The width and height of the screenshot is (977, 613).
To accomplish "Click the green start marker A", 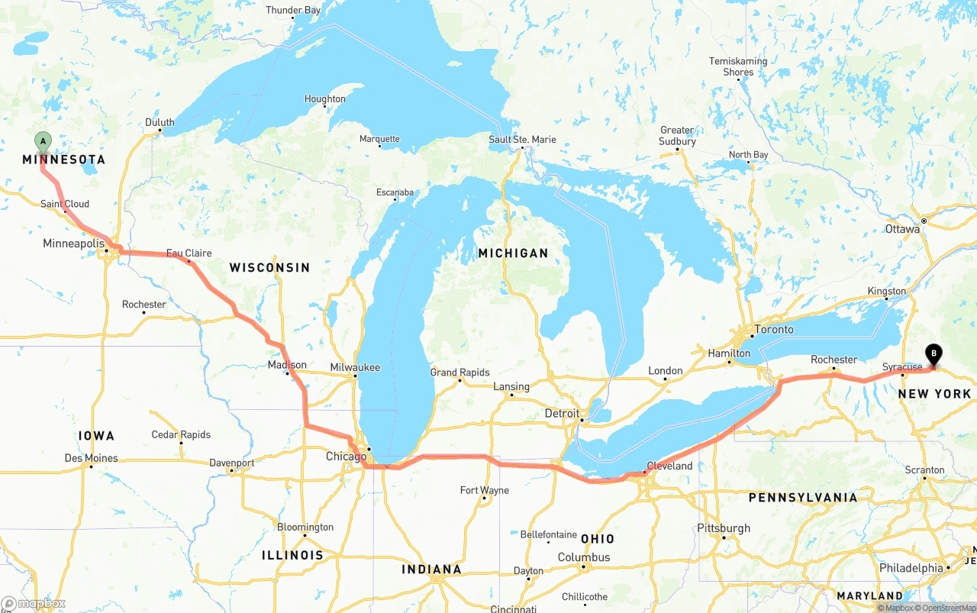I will (x=44, y=141).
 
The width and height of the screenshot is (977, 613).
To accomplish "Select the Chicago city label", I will (x=346, y=457).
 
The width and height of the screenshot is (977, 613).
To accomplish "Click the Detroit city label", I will (x=562, y=413).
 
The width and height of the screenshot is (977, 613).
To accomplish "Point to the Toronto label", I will (x=773, y=330).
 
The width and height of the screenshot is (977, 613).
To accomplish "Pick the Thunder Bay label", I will (x=293, y=10).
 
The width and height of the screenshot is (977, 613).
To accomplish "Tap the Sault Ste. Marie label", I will (x=523, y=140).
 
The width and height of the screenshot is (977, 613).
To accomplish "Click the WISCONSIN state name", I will (x=269, y=267).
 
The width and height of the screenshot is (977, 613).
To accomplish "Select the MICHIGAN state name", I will (x=513, y=253).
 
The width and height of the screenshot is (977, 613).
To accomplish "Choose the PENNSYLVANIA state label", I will (x=803, y=498).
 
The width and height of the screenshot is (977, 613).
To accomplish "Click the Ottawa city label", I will (x=902, y=229).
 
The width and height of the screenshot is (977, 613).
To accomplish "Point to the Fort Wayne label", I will (x=484, y=490).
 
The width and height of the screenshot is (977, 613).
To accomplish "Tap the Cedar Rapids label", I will (x=181, y=434).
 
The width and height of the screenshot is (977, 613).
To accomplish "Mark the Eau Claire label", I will (x=189, y=253).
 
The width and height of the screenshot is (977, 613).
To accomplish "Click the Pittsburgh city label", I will (x=724, y=528).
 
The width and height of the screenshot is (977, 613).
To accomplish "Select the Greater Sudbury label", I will (x=677, y=136).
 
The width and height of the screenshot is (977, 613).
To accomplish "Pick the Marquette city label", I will (x=379, y=139).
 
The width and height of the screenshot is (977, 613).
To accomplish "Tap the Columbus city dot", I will (x=583, y=566).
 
